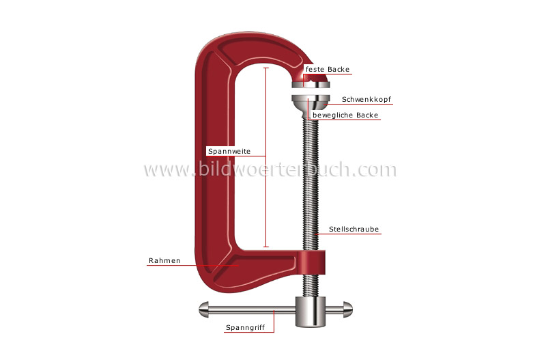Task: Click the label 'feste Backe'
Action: click(x=328, y=69)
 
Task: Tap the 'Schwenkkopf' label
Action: click(x=367, y=99)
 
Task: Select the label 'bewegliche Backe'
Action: click(x=345, y=115)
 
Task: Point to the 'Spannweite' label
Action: click(x=229, y=150)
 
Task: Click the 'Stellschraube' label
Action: click(x=354, y=230)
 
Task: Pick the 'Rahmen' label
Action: click(x=164, y=260)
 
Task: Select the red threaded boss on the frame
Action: click(x=311, y=261)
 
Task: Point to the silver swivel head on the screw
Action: click(x=311, y=101)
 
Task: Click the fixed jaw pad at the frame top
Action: click(x=311, y=83)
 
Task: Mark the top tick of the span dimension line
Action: click(x=265, y=68)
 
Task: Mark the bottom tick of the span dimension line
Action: click(x=265, y=247)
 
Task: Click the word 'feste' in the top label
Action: click(x=315, y=69)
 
